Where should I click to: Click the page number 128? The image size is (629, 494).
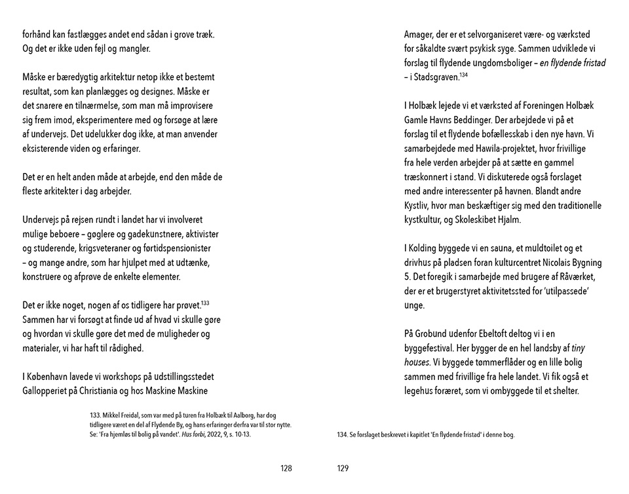(285, 468)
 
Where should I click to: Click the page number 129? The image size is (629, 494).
(343, 468)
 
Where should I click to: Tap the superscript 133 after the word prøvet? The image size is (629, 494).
(204, 303)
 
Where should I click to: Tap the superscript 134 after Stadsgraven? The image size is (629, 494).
(463, 75)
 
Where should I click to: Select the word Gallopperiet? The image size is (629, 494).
(44, 391)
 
